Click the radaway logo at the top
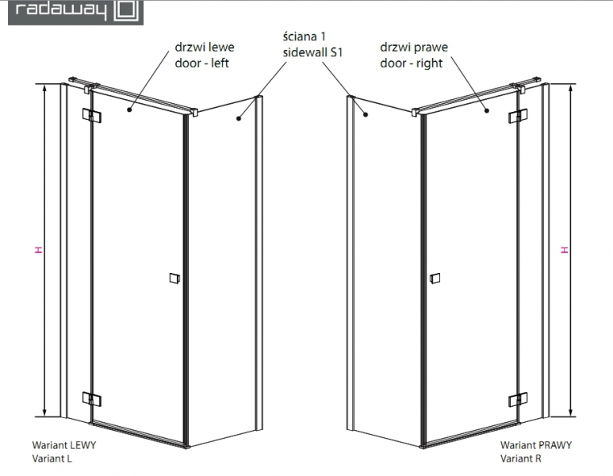pyautogui.click(x=76, y=12)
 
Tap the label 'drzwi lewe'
pyautogui.click(x=205, y=48)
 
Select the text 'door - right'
pyautogui.click(x=411, y=63)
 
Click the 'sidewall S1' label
pyautogui.click(x=312, y=52)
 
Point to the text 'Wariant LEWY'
pyautogui.click(x=63, y=445)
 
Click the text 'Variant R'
pyautogui.click(x=521, y=459)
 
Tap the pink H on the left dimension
pyautogui.click(x=38, y=250)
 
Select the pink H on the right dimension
pyautogui.click(x=564, y=250)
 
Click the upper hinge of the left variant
pyautogui.click(x=92, y=115)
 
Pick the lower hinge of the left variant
pyautogui.click(x=92, y=398)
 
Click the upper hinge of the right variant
pyautogui.click(x=518, y=116)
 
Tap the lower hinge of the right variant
pyautogui.click(x=518, y=399)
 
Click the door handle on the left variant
pyautogui.click(x=174, y=278)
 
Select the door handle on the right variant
pyautogui.click(x=435, y=278)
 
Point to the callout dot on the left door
pyautogui.click(x=129, y=110)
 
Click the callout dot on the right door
pyautogui.click(x=487, y=111)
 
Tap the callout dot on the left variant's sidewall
pyautogui.click(x=239, y=117)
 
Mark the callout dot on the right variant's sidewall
pyautogui.click(x=366, y=114)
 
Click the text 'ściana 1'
pyautogui.click(x=305, y=36)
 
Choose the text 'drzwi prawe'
pyautogui.click(x=414, y=48)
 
